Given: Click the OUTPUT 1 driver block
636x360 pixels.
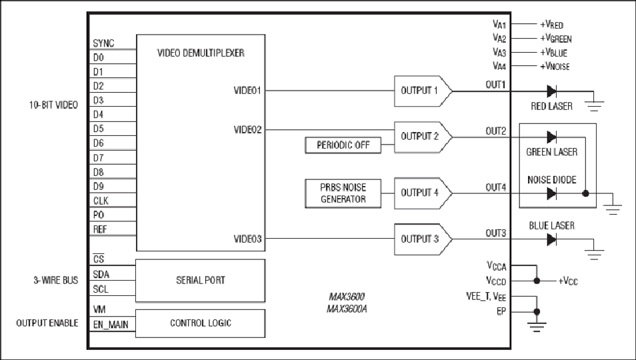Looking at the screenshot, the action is (x=423, y=91).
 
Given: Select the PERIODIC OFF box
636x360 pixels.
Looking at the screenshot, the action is (x=343, y=145).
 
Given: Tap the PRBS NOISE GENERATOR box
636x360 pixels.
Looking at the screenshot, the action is (x=343, y=193).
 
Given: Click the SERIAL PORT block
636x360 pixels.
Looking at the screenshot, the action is (x=201, y=281).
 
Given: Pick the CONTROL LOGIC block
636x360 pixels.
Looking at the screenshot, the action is (x=201, y=323).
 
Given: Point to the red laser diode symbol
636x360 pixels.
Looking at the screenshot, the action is (x=551, y=91).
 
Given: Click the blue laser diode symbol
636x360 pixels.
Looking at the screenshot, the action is (x=551, y=239).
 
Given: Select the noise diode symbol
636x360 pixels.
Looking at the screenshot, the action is (x=551, y=194).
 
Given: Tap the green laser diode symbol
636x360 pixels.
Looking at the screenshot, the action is (x=551, y=137).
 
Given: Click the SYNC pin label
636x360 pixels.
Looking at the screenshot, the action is (x=103, y=43).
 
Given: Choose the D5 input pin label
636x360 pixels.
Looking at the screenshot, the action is (x=99, y=129).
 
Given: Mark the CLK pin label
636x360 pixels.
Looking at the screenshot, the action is (x=101, y=201).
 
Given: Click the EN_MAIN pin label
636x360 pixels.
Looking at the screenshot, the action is (x=111, y=325).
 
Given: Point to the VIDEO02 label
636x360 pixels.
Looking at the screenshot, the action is (x=247, y=130).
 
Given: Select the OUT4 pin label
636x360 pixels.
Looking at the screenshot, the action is (x=495, y=187).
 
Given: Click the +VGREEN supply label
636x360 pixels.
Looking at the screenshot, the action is (x=556, y=39).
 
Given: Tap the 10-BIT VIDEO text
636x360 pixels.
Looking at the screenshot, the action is (x=53, y=105).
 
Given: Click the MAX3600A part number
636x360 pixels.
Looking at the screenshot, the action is (x=347, y=309).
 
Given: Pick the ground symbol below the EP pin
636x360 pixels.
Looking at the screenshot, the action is (x=537, y=327).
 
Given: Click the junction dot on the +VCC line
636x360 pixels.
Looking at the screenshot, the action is (x=537, y=281).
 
